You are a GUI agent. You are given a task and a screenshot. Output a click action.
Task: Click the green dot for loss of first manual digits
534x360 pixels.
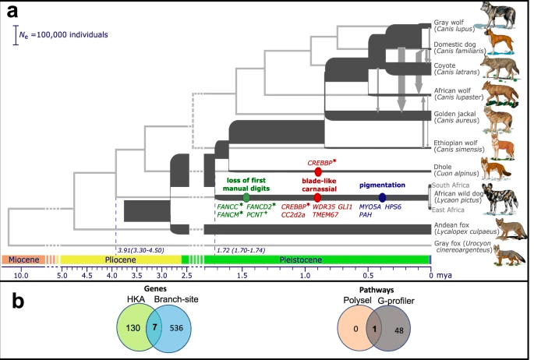(x=246, y=197)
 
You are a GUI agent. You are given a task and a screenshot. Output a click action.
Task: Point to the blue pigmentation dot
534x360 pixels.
(x=382, y=197)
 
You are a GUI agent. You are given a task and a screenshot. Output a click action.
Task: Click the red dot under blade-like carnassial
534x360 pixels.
(x=317, y=197)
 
